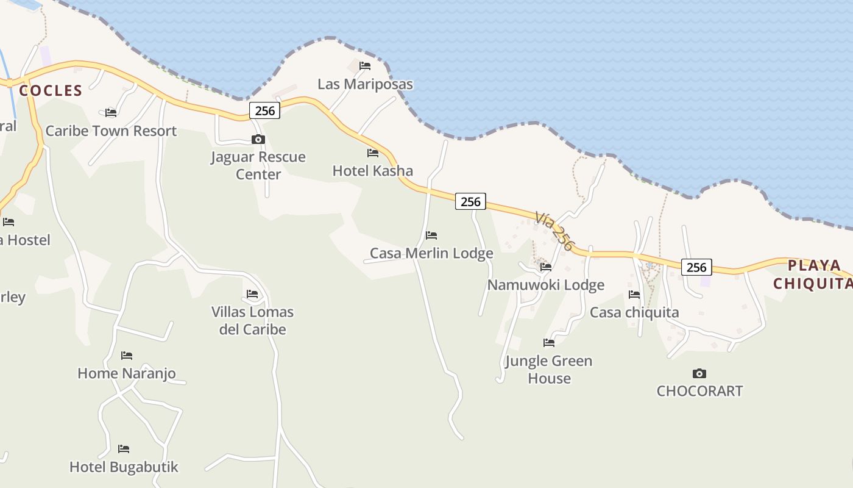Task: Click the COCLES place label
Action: [51, 91]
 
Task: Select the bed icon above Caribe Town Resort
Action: [111, 113]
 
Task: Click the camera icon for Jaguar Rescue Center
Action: [258, 140]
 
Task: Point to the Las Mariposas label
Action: [365, 84]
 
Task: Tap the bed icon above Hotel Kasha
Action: [373, 153]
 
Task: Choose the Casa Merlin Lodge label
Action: [431, 253]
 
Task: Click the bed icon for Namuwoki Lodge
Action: [546, 267]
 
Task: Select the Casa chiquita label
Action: [634, 312]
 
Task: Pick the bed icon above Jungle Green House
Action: [549, 343]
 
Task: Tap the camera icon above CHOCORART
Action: [699, 373]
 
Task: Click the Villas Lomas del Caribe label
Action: [252, 320]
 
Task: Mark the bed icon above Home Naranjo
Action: [127, 356]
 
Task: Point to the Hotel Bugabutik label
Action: [124, 467]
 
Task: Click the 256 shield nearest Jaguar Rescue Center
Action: [264, 111]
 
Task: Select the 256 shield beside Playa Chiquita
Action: [696, 267]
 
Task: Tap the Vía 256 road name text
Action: [554, 231]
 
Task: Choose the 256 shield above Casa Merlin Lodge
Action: [470, 201]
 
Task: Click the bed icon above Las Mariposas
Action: [365, 66]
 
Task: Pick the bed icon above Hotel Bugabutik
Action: [124, 449]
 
